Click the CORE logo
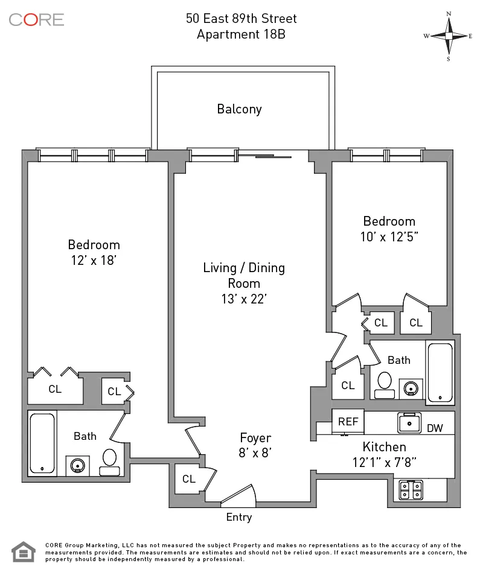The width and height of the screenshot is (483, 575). click(x=36, y=19)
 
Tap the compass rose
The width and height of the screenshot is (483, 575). click(x=449, y=36)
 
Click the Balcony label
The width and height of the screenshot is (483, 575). click(x=239, y=109)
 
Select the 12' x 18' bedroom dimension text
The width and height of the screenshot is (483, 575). click(x=94, y=260)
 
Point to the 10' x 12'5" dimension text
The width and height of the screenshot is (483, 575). click(x=389, y=237)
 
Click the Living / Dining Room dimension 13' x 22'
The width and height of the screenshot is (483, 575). click(x=243, y=299)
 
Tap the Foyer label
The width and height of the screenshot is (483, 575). click(x=255, y=438)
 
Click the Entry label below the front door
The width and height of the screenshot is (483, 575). click(x=238, y=517)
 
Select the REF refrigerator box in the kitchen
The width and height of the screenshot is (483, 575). click(x=348, y=422)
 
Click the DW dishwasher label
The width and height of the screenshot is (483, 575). click(x=435, y=428)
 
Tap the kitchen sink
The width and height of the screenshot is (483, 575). click(x=409, y=422)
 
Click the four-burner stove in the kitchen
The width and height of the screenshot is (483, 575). click(x=411, y=490)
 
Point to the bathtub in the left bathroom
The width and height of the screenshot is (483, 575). click(x=43, y=443)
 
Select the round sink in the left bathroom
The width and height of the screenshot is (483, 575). click(x=78, y=465)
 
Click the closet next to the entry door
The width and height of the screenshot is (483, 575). click(x=189, y=479)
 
